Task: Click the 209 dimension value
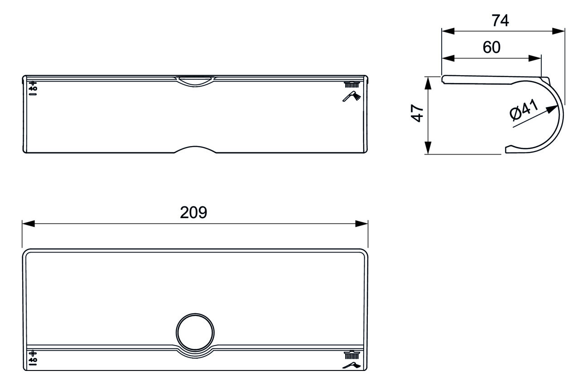pos(193,212)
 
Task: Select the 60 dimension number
pos(491,47)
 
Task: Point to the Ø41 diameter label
pos(524,111)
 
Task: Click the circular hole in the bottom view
pos(195,331)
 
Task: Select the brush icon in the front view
pos(352,84)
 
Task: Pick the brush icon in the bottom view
pos(352,354)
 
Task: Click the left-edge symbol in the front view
pos(32,89)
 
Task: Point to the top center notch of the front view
pos(195,80)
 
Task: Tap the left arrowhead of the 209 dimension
pos(27,224)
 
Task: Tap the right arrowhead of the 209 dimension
pos(362,224)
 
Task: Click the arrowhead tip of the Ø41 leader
pos(555,108)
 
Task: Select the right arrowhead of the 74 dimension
pos(560,31)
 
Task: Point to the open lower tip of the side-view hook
pos(508,149)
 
